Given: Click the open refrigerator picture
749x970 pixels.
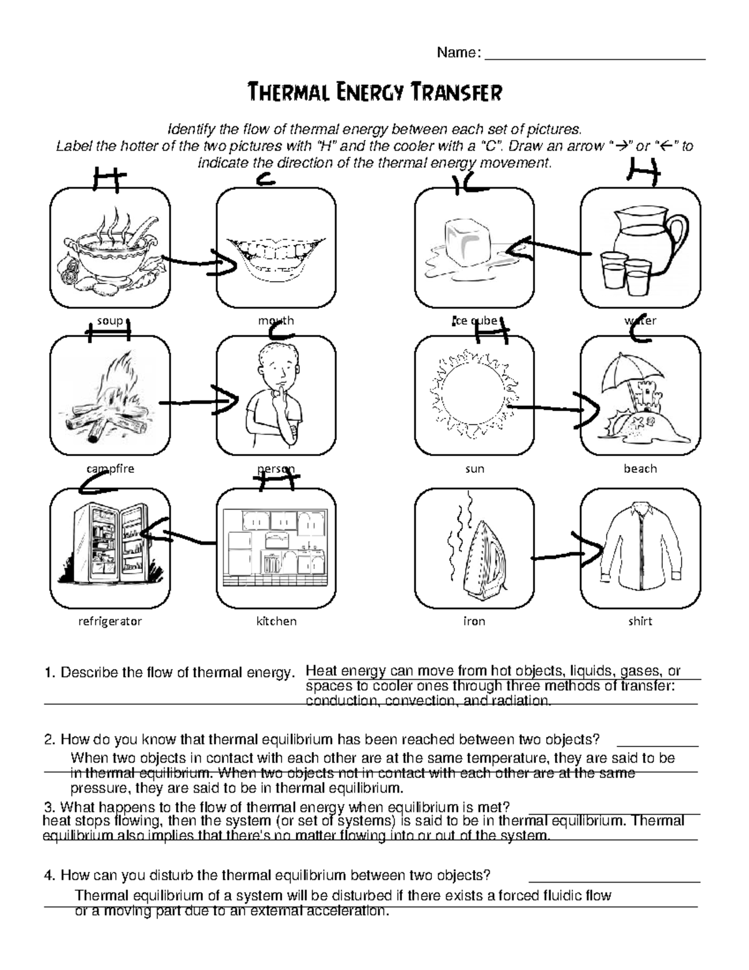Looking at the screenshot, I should click(109, 540).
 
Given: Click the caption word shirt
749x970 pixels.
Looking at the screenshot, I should click(640, 621).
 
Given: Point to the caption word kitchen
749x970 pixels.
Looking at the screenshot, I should click(276, 621).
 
